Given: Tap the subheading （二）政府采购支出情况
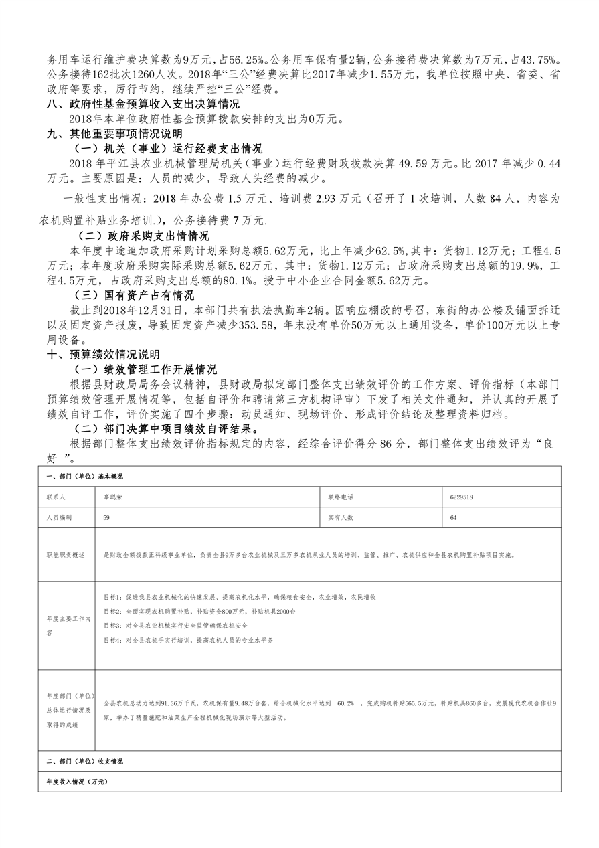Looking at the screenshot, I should coord(143,236).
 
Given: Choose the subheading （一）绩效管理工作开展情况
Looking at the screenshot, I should coord(147,369).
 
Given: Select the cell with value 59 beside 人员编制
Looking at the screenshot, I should coord(106,517).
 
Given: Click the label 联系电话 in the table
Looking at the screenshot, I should coord(340,498).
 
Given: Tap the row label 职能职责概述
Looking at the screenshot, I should coord(66,555).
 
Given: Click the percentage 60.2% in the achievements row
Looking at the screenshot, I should coord(345,704).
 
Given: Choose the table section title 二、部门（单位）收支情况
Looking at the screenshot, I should coord(84,762).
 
